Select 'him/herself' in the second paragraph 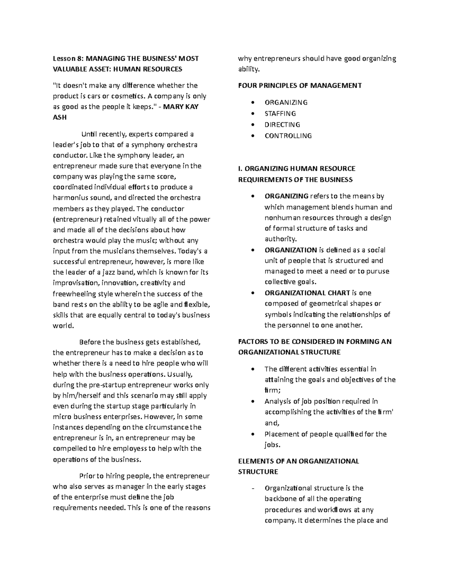click(81, 396)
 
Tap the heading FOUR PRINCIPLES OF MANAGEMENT click(300, 86)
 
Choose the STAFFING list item click(280, 114)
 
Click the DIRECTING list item click(282, 125)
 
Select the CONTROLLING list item click(288, 136)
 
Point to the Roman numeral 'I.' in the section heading click(240, 169)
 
